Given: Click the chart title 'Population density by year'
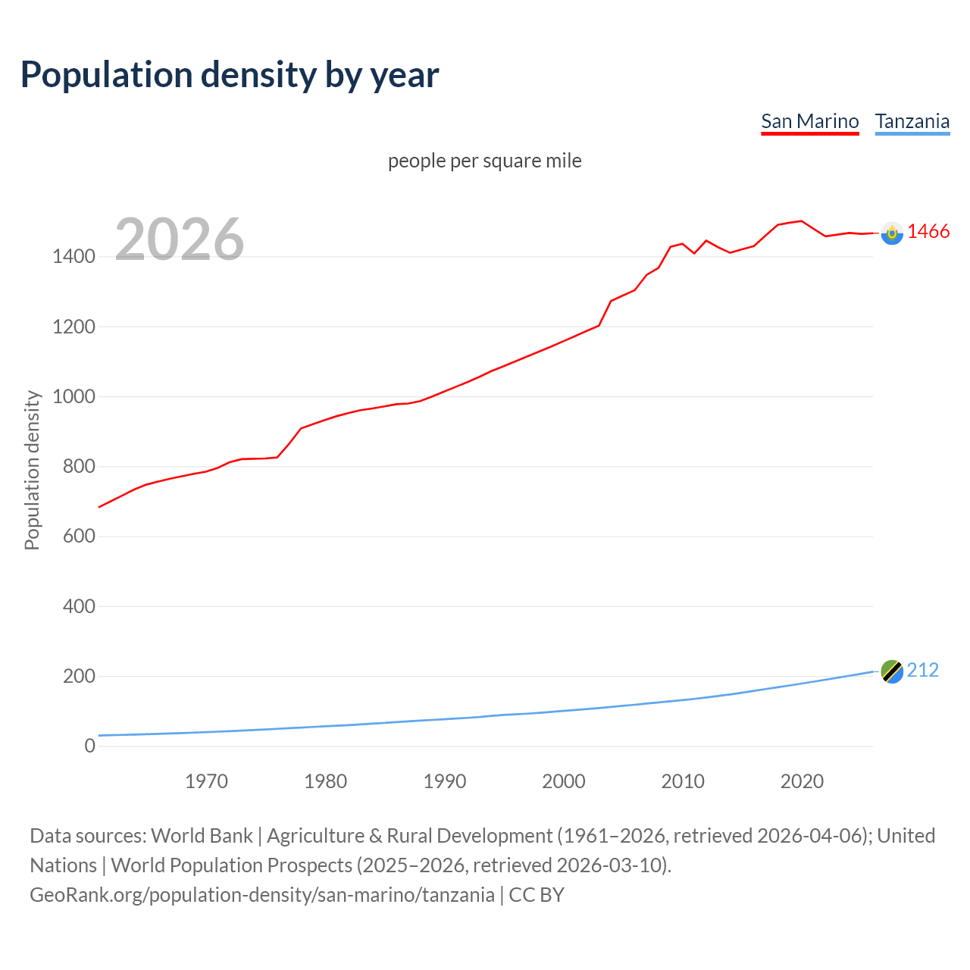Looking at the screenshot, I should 230,75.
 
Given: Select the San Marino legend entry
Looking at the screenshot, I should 809,121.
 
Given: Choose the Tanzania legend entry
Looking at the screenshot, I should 912,121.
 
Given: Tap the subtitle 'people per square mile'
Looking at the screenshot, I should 484,161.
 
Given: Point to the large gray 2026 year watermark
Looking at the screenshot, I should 180,239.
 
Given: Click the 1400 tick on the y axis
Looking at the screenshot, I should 74,257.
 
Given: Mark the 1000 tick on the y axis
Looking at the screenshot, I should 74,397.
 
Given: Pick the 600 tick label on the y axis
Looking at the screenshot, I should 79,537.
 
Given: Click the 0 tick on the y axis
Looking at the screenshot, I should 90,746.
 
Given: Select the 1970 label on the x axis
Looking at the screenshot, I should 206,781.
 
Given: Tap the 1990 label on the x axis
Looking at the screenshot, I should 445,781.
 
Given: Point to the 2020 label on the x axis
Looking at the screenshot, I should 802,781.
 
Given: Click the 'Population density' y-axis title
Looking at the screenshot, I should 32,470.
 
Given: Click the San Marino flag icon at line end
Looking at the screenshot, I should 892,233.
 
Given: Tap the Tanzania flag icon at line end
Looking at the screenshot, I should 892,671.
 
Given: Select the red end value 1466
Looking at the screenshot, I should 928,232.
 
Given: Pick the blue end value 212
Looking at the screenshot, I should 922,671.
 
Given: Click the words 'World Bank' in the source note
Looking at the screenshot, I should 202,836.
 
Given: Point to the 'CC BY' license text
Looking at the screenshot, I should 537,895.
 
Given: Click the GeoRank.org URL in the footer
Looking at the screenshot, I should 262,895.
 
